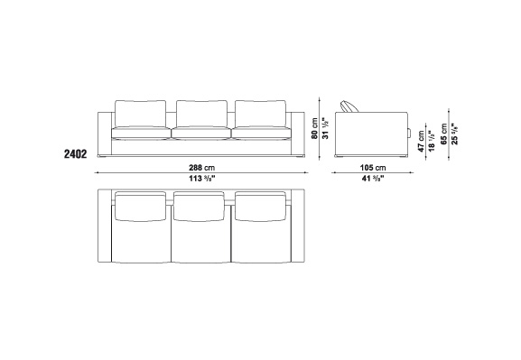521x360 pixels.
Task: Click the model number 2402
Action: point(76,154)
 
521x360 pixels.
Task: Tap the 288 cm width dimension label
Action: point(201,168)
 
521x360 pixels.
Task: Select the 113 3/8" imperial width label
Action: point(202,179)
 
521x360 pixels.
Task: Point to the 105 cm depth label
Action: point(373,168)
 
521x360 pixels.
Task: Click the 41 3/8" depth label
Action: point(373,179)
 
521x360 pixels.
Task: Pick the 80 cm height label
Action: point(314,128)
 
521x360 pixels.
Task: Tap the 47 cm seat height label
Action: point(422,142)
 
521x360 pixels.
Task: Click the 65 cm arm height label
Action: point(444,134)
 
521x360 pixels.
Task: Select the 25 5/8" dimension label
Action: point(454,134)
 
